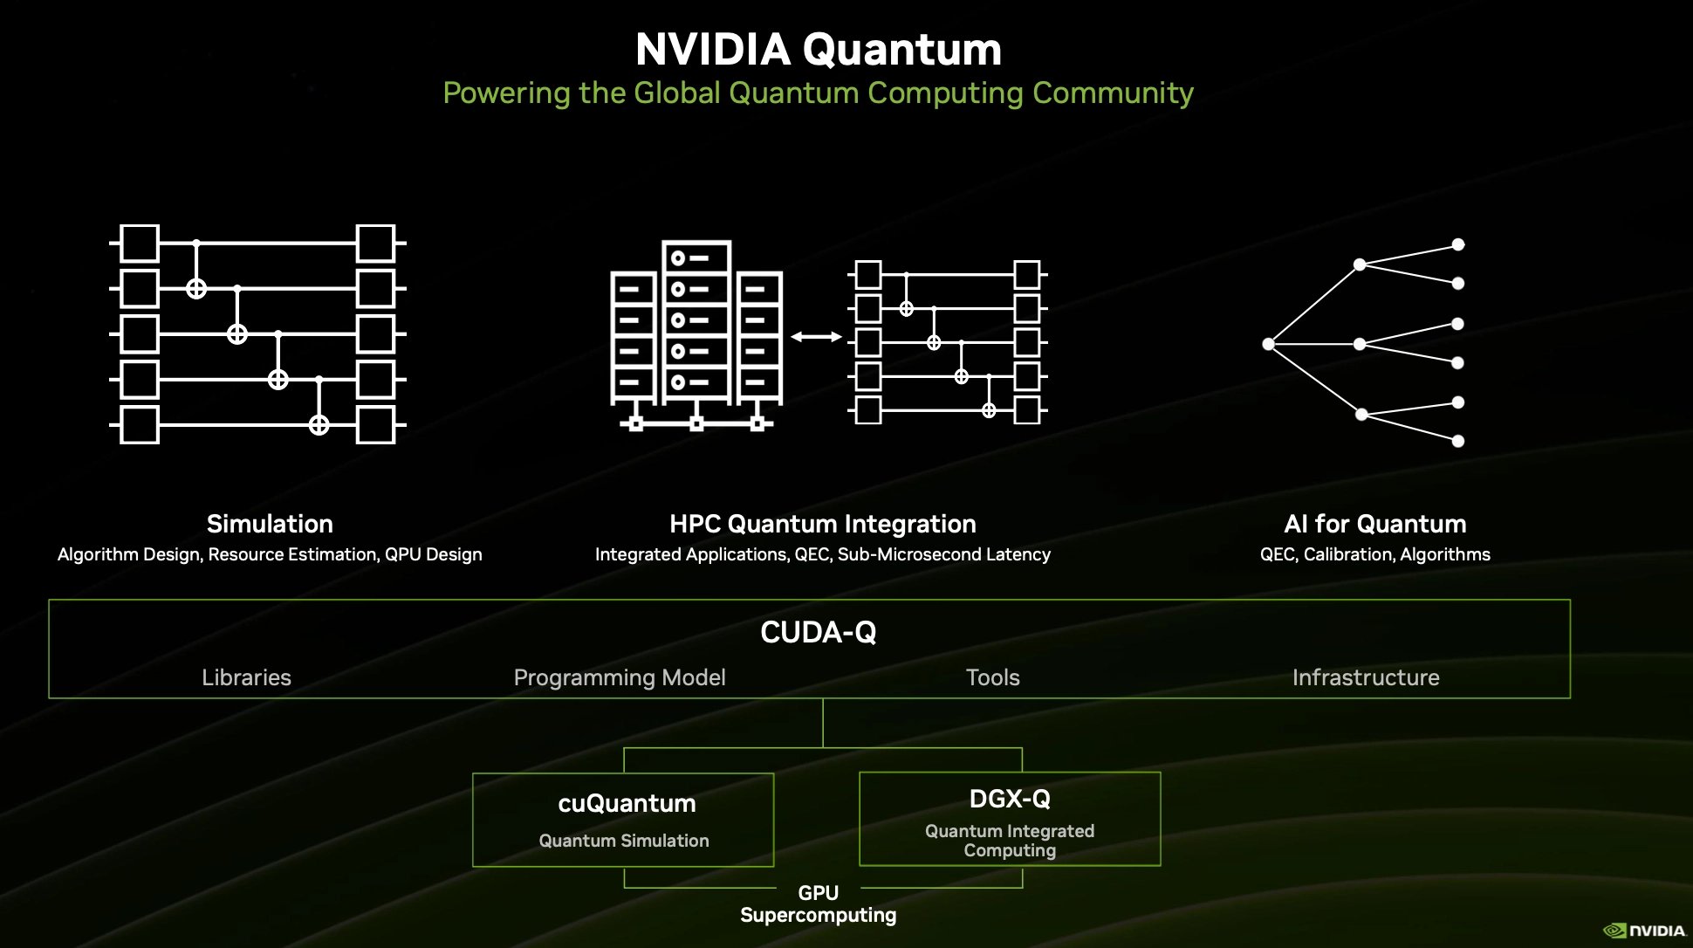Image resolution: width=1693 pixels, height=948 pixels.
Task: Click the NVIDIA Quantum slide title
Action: tap(818, 50)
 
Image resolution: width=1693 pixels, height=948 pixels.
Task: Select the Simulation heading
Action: tap(270, 524)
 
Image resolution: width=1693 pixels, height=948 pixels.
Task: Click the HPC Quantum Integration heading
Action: tap(822, 524)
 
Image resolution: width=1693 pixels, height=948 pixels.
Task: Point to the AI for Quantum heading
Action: tap(1374, 524)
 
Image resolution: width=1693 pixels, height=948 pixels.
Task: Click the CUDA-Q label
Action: tap(818, 632)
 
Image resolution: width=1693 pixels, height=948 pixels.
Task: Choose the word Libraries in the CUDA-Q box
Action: tap(246, 677)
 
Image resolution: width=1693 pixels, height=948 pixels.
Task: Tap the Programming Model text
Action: tap(620, 677)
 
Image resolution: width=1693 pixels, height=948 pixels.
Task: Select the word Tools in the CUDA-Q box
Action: tap(992, 677)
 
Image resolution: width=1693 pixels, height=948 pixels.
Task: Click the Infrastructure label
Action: tap(1366, 677)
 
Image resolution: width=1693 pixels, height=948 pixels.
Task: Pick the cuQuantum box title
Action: tap(627, 803)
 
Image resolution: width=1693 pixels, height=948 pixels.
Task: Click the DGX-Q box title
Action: tap(1010, 799)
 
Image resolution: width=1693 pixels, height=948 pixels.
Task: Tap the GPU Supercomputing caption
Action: tap(818, 904)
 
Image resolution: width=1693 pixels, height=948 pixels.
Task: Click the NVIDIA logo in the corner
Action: tap(1644, 931)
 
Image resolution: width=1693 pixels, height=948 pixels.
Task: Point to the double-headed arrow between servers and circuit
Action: tap(816, 337)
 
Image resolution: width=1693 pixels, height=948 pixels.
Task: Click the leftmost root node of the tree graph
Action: tap(1268, 344)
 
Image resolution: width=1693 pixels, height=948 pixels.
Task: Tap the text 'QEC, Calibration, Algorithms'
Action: tap(1374, 554)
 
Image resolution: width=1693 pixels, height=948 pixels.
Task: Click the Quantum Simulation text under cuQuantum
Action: tap(623, 841)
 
